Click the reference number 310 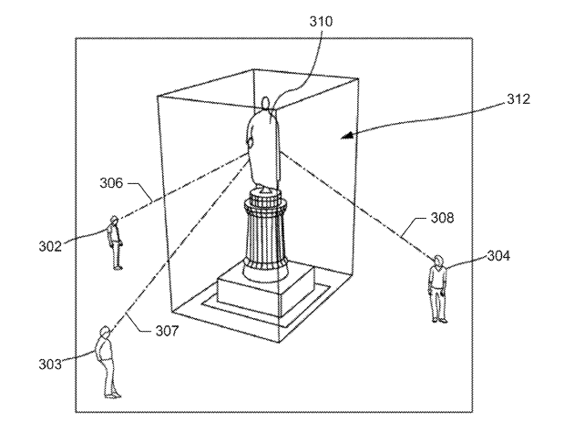pyautogui.click(x=322, y=22)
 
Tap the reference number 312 pyautogui.click(x=518, y=99)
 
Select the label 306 pyautogui.click(x=111, y=183)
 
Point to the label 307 pyautogui.click(x=167, y=331)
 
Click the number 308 pyautogui.click(x=443, y=218)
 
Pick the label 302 pyautogui.click(x=50, y=246)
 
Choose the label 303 pyautogui.click(x=50, y=365)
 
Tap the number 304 pyautogui.click(x=498, y=256)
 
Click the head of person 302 pyautogui.click(x=115, y=220)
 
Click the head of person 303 pyautogui.click(x=105, y=331)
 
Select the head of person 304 pyautogui.click(x=438, y=260)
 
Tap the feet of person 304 pyautogui.click(x=440, y=320)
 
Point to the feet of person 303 pyautogui.click(x=113, y=396)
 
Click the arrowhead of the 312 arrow pyautogui.click(x=347, y=136)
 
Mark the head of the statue pyautogui.click(x=266, y=103)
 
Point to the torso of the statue pyautogui.click(x=263, y=148)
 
